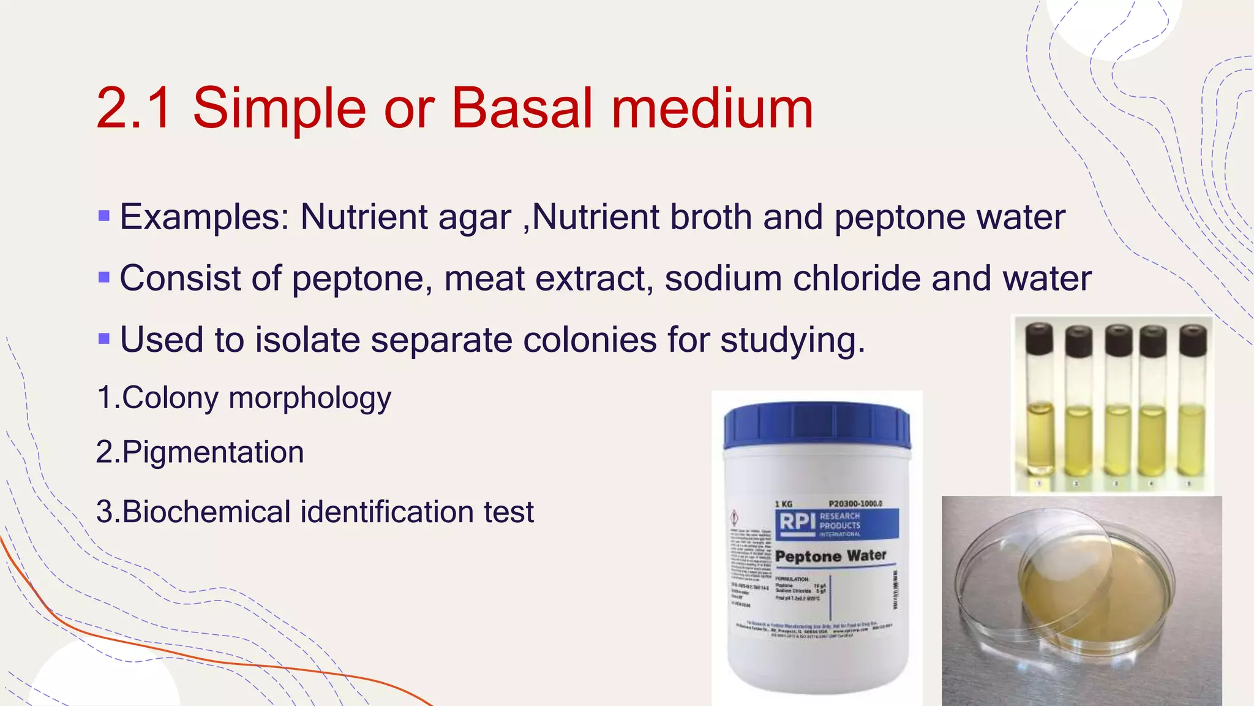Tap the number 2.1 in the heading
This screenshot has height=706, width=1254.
click(134, 108)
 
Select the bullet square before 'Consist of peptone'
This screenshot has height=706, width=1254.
click(104, 278)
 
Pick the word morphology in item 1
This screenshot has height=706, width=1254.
click(310, 398)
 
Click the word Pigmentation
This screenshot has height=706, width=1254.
click(212, 452)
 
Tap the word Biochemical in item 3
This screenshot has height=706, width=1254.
click(206, 512)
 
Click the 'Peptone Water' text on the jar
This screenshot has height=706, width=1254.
click(830, 556)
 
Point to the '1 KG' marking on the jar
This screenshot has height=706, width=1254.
click(784, 504)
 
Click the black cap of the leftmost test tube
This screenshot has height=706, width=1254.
click(1039, 339)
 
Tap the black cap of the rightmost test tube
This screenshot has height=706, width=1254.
click(1192, 340)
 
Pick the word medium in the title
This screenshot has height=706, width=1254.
click(712, 108)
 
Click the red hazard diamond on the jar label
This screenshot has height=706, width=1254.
click(735, 517)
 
